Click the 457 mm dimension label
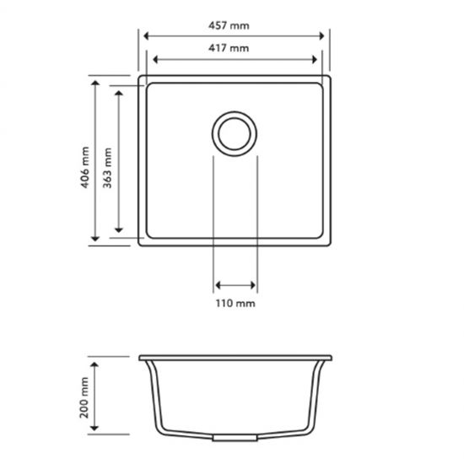coord(234,25)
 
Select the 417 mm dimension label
coord(234,48)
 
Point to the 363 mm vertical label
coord(107,164)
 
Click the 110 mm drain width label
coord(235,302)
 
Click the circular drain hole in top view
coord(235,133)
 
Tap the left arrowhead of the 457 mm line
coord(146,36)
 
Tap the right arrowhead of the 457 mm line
coord(323,36)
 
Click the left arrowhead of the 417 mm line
coord(153,60)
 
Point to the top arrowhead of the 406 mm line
coord(95,84)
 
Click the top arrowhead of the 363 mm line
coord(119,92)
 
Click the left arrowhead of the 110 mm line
coord(218,285)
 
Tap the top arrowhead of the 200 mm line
coord(95,360)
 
